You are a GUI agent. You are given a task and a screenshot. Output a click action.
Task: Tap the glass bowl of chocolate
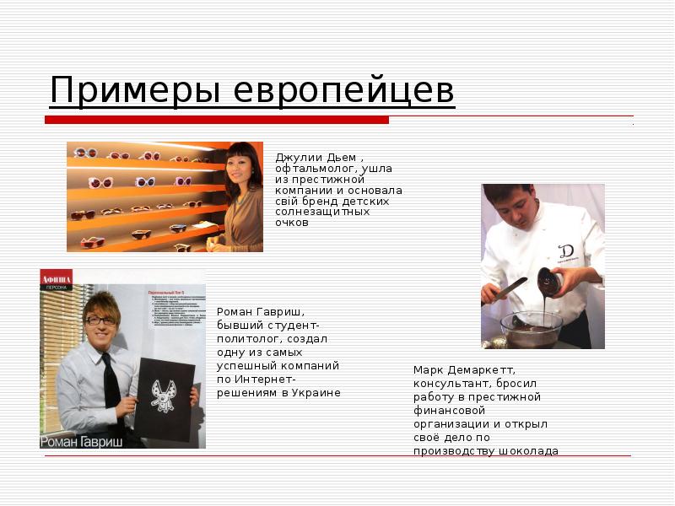coord(531,328)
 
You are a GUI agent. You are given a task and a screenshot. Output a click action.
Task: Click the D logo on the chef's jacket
coord(566,251)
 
